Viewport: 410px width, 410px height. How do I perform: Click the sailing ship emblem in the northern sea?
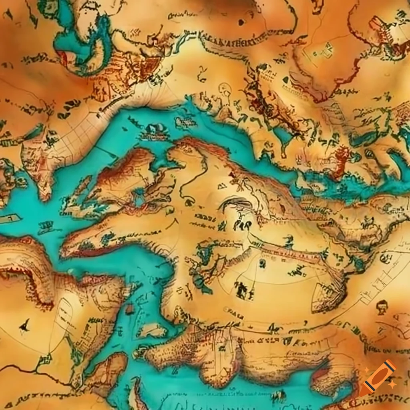pyautogui.click(x=154, y=131)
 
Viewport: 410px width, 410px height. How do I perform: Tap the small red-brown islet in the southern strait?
pyautogui.click(x=129, y=309)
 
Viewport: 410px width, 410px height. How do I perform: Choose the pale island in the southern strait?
pyautogui.click(x=152, y=330)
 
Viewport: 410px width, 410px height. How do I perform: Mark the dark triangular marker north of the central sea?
pyautogui.click(x=285, y=80)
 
